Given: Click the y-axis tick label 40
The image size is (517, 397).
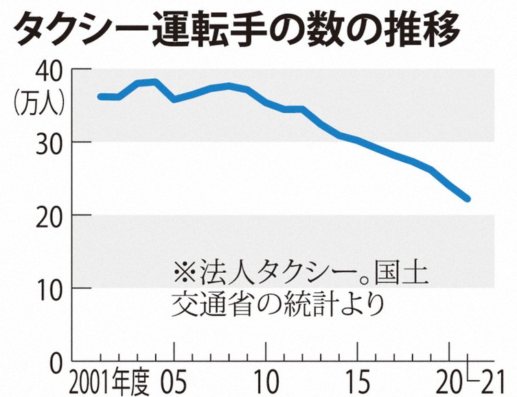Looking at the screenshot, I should tap(46, 71).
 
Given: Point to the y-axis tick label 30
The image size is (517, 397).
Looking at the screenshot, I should tap(46, 143).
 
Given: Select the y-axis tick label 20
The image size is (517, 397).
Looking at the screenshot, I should tap(46, 215).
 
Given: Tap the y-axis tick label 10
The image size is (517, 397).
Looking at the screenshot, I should tap(46, 288).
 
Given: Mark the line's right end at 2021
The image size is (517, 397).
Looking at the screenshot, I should tap(468, 199).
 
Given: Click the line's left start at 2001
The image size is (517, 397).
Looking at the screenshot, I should tap(100, 97).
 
